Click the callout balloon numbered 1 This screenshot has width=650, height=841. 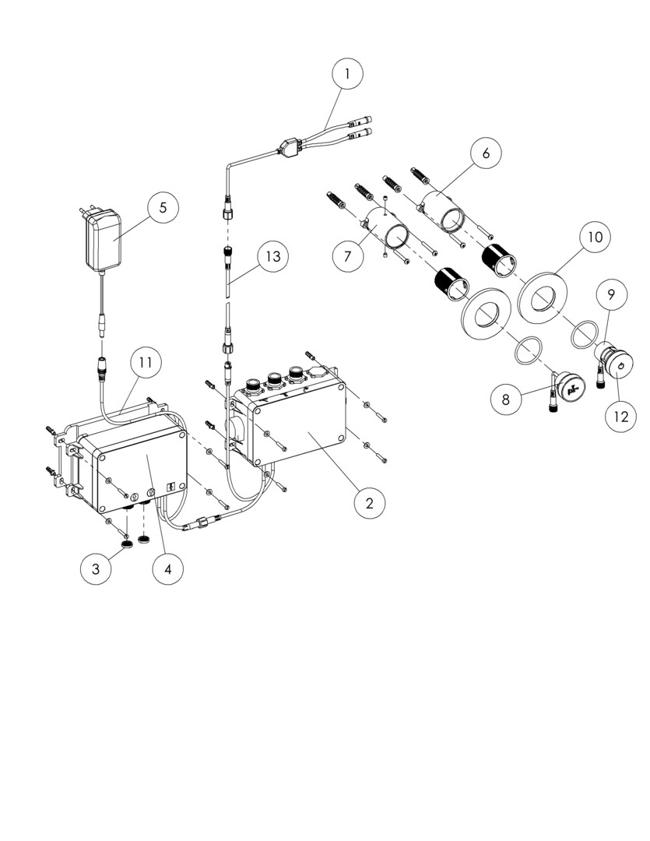(347, 73)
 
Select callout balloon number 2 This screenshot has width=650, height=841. (370, 504)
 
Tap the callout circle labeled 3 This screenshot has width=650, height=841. (96, 568)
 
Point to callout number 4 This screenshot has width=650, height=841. (168, 569)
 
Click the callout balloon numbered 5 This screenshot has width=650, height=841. (163, 207)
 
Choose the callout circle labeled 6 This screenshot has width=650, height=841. (486, 153)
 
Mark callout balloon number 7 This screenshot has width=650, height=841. (347, 256)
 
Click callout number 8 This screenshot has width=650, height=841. (506, 399)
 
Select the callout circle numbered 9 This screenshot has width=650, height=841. (611, 294)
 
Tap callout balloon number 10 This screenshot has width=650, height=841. (596, 237)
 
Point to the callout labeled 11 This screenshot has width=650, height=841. (146, 363)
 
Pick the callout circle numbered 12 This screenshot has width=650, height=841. (620, 416)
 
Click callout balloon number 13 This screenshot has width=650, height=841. (273, 256)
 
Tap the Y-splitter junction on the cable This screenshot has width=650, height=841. (289, 146)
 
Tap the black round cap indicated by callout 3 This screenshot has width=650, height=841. (127, 544)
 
